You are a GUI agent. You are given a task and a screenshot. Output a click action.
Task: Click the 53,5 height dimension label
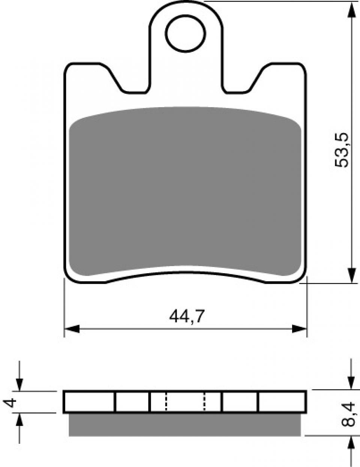[342, 150]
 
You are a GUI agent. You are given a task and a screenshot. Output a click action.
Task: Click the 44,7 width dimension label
[186, 316]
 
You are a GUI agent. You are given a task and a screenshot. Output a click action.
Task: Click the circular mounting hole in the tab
[186, 33]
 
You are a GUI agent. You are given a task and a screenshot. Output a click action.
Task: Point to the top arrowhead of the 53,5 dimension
[351, 10]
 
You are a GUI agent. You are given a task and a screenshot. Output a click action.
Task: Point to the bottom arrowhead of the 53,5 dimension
[351, 275]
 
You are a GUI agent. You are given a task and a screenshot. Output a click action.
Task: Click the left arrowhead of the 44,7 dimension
[72, 329]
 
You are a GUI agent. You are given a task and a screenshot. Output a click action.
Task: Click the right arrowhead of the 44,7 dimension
[299, 329]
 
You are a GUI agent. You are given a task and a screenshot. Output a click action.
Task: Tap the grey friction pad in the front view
[185, 191]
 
